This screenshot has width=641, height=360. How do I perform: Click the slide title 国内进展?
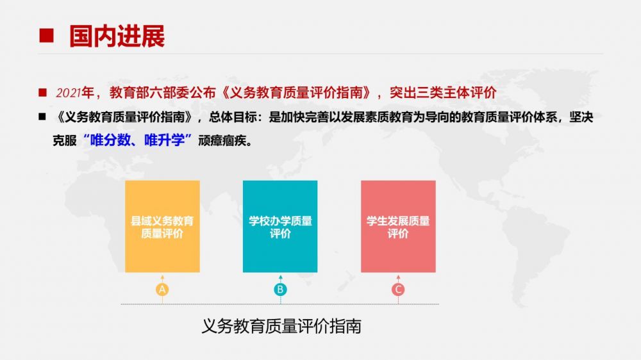[x=117, y=36]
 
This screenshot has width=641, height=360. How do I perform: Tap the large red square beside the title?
[x=46, y=35]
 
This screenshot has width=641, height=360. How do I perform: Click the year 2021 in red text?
[x=69, y=93]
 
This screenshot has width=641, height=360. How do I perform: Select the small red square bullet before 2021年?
[x=42, y=93]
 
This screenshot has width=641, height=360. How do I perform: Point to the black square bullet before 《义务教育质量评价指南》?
[x=42, y=117]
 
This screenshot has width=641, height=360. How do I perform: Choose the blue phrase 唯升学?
[x=164, y=140]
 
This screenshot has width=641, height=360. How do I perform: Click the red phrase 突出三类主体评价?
[x=443, y=93]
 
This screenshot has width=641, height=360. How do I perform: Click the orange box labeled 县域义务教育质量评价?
[x=162, y=226]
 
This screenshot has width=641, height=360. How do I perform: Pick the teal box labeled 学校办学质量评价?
[x=280, y=226]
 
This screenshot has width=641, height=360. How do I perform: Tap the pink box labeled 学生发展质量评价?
[x=398, y=226]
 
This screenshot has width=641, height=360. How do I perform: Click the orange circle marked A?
[x=162, y=290]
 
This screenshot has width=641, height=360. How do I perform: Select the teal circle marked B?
[x=281, y=290]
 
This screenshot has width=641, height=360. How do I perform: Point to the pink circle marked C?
[x=398, y=290]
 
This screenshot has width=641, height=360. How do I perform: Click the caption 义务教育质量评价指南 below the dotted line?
[x=281, y=326]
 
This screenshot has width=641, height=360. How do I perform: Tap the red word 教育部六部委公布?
[x=162, y=93]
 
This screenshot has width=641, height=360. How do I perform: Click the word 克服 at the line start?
[x=65, y=140]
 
